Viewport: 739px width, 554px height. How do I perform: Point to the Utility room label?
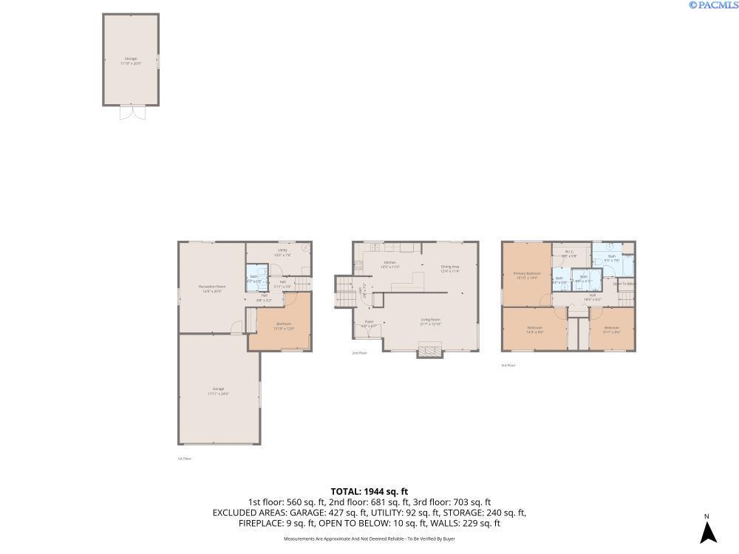click(282, 251)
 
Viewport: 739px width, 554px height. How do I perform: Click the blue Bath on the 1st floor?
click(254, 278)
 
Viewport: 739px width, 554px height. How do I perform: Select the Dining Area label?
click(450, 268)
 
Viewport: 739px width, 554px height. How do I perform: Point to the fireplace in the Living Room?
click(429, 350)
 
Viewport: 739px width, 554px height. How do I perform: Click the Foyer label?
click(369, 323)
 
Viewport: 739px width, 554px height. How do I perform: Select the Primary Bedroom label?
click(527, 274)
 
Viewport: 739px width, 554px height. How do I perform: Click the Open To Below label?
click(624, 283)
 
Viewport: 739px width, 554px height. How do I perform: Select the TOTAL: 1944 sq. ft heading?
click(369, 491)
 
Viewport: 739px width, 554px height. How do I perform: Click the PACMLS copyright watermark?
click(712, 5)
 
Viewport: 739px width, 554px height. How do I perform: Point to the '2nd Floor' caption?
click(359, 353)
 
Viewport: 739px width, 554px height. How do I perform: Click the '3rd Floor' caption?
click(508, 365)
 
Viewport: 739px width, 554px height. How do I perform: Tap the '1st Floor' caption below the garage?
click(184, 459)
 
